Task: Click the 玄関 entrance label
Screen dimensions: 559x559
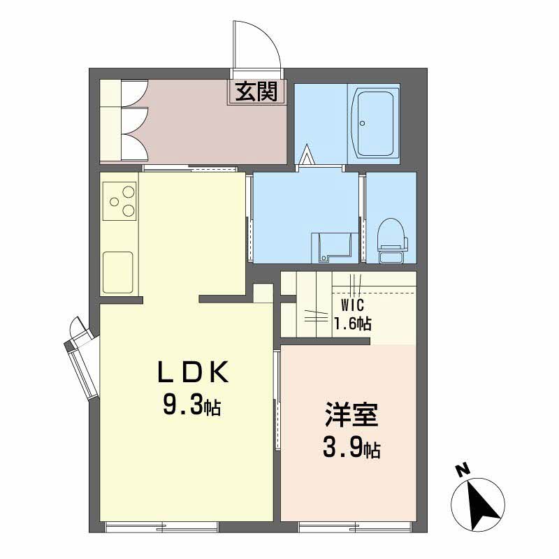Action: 256,92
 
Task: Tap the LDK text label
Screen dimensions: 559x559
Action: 194,372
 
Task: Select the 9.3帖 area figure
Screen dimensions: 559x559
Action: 191,406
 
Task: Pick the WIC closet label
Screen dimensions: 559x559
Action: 353,305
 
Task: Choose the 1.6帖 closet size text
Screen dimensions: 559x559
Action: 352,324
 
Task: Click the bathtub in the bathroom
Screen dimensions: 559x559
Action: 373,124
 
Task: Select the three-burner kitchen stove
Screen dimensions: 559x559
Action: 119,201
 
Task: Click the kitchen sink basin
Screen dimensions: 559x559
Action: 118,273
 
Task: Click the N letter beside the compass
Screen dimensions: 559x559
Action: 463,470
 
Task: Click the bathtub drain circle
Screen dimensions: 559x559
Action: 363,124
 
